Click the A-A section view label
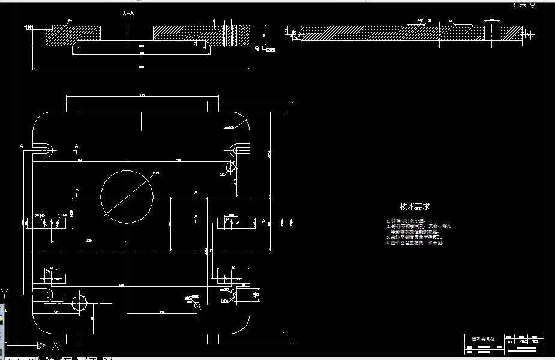click(128, 13)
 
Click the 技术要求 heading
click(415, 206)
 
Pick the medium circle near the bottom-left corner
click(79, 303)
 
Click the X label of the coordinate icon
click(55, 345)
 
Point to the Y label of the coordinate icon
click(4, 293)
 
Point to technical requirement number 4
click(415, 243)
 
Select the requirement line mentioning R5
click(415, 238)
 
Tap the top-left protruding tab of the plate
click(71, 106)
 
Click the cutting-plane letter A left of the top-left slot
click(22, 146)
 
